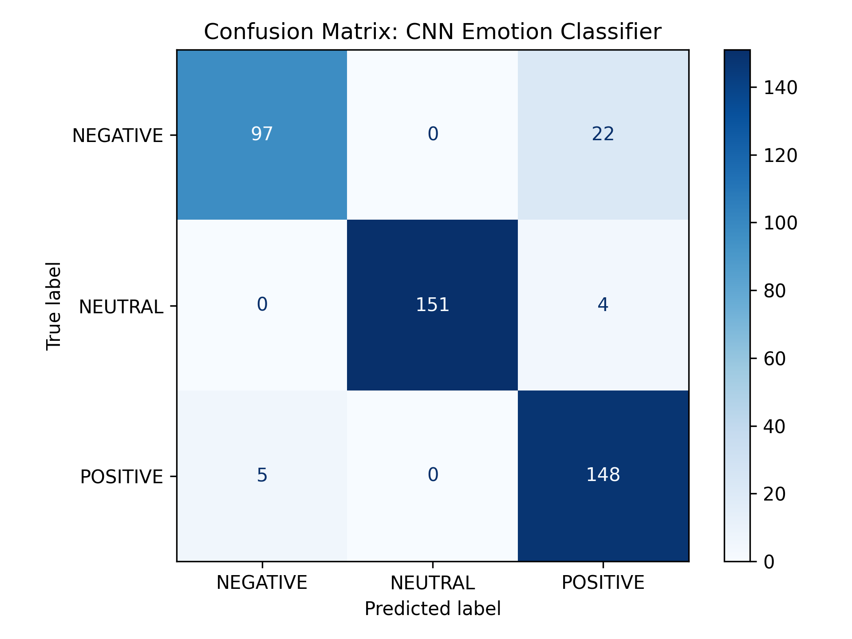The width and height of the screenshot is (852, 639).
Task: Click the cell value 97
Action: pyautogui.click(x=262, y=134)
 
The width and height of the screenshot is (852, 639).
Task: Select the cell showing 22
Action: pyautogui.click(x=603, y=134)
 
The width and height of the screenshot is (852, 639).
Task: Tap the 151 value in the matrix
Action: pyautogui.click(x=433, y=305)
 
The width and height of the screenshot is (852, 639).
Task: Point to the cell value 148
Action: pyautogui.click(x=603, y=475)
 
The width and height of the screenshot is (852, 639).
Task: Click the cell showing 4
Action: pyautogui.click(x=603, y=305)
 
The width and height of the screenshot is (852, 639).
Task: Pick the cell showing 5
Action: pyautogui.click(x=262, y=475)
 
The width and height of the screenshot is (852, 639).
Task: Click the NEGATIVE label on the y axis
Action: pyautogui.click(x=118, y=136)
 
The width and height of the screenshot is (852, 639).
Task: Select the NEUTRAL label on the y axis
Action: pyautogui.click(x=121, y=307)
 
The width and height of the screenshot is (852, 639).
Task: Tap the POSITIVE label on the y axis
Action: pyautogui.click(x=122, y=477)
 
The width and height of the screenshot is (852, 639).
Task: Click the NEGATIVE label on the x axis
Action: pyautogui.click(x=262, y=583)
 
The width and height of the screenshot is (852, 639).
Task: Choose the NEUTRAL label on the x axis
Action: pyautogui.click(x=433, y=583)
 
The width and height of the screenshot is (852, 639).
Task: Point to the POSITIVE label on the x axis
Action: pyautogui.click(x=603, y=583)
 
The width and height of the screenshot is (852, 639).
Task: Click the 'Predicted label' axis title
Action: pyautogui.click(x=433, y=609)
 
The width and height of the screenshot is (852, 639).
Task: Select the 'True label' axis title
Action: pyautogui.click(x=54, y=306)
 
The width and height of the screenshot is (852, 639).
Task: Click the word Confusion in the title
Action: pyautogui.click(x=259, y=32)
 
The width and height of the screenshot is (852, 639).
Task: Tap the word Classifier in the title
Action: pyautogui.click(x=611, y=32)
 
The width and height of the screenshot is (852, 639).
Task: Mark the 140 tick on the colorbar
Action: pyautogui.click(x=780, y=88)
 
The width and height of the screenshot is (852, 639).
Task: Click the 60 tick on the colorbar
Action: pyautogui.click(x=774, y=359)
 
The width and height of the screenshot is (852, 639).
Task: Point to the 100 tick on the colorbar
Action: pyautogui.click(x=780, y=223)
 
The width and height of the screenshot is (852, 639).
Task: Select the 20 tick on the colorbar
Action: pyautogui.click(x=774, y=494)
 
